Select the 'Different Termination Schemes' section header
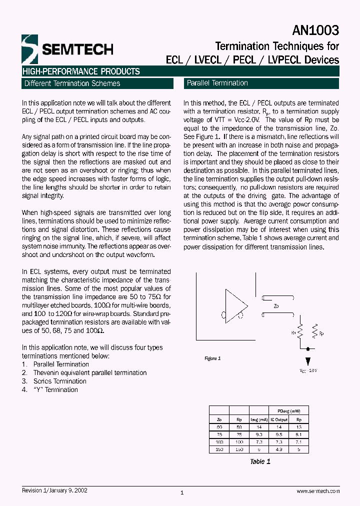72,83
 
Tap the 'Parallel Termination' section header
217,83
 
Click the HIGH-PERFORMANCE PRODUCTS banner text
81,71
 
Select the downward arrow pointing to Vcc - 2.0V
307,361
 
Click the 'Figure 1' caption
212,358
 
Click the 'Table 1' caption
260,461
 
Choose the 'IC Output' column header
279,419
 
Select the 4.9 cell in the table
279,449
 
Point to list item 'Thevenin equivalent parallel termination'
89,372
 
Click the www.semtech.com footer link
318,491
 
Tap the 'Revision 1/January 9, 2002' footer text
55,490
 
